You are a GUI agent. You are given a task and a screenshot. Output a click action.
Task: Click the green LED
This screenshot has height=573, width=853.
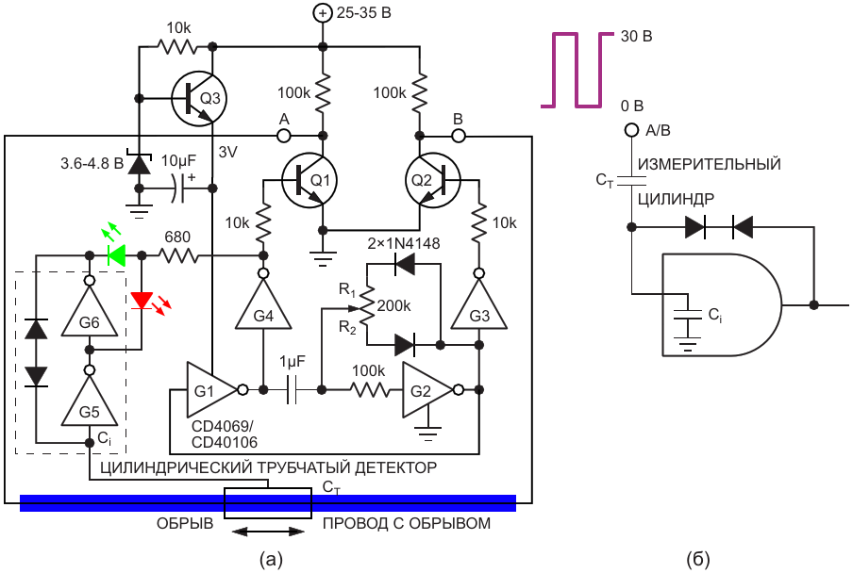pyautogui.click(x=117, y=254)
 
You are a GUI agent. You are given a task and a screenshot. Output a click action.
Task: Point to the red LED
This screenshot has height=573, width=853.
pyautogui.click(x=142, y=301)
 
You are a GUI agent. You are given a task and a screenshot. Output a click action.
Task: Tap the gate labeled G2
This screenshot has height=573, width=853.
pyautogui.click(x=424, y=388)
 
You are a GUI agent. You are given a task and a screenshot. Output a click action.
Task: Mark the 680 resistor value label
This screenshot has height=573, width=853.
pyautogui.click(x=178, y=237)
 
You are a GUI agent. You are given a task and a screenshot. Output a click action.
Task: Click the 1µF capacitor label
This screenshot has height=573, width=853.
pyautogui.click(x=294, y=362)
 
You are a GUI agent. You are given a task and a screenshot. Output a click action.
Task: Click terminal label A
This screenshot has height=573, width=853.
pyautogui.click(x=283, y=119)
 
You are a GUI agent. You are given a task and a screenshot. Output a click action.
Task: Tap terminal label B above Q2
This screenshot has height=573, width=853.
pyautogui.click(x=459, y=119)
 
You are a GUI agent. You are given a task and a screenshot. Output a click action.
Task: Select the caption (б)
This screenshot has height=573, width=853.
pyautogui.click(x=698, y=560)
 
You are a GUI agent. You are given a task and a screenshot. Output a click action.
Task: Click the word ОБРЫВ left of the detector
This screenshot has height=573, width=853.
pyautogui.click(x=185, y=523)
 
